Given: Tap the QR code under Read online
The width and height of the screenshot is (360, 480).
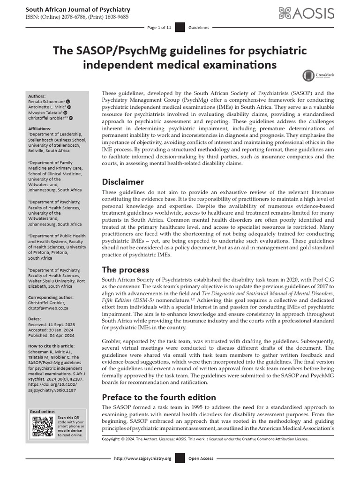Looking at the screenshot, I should [43, 426].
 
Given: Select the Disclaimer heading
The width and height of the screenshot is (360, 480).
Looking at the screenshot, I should [123, 182].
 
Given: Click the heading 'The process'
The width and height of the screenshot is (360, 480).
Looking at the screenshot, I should [126, 270].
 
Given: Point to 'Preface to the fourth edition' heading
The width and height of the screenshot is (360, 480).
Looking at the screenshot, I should [159, 397].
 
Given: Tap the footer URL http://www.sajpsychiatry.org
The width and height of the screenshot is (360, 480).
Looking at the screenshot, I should [142, 458].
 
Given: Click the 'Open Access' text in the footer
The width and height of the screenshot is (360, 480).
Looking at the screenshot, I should [201, 458].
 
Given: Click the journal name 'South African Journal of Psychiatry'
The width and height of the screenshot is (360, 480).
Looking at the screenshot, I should [77, 9].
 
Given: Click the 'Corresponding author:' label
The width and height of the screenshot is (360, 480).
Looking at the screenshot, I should [51, 297].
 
